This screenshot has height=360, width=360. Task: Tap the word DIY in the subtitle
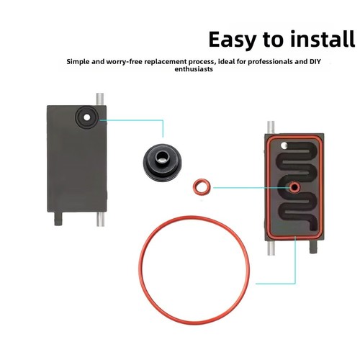tap(315, 61)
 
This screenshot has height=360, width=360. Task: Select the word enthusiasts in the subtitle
tap(194, 69)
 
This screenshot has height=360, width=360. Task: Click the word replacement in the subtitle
tap(166, 62)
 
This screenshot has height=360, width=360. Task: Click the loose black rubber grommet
tap(162, 163)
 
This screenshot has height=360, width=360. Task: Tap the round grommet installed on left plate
tap(86, 117)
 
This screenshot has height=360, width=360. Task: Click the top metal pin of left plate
tap(100, 99)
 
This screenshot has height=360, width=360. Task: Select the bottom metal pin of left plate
tap(100, 219)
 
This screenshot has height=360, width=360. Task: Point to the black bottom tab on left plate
tap(58, 219)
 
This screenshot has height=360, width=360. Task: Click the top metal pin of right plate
tap(271, 127)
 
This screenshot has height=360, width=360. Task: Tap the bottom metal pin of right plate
tap(271, 248)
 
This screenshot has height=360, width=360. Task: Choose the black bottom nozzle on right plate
tap(313, 247)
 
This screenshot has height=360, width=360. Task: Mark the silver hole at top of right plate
tap(284, 145)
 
